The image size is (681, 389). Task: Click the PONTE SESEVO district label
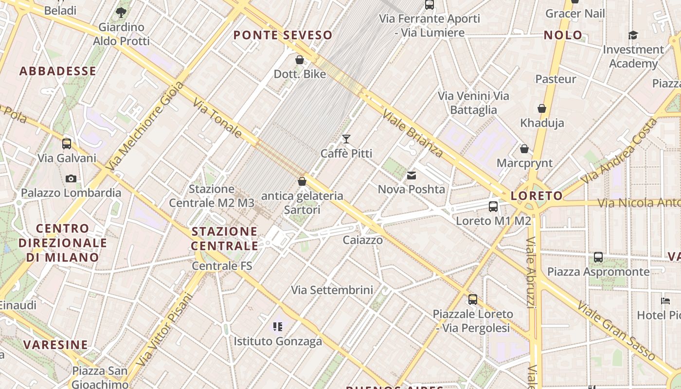click(283, 35)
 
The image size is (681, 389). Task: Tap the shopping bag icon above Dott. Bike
click(300, 60)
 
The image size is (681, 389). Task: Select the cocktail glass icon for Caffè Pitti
click(346, 139)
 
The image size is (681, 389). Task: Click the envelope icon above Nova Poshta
click(412, 175)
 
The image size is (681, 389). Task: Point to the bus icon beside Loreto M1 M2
click(493, 207)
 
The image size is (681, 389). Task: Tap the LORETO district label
click(537, 196)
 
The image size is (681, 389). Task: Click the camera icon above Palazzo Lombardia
click(71, 178)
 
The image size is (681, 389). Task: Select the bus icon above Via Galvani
click(67, 144)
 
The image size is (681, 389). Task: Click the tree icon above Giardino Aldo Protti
click(121, 13)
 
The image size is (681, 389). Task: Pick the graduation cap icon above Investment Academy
click(633, 35)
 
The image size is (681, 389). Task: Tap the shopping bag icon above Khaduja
click(542, 108)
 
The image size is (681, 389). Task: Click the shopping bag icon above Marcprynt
click(524, 149)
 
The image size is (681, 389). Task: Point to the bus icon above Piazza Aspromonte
click(598, 257)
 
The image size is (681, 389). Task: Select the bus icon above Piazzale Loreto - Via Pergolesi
click(473, 300)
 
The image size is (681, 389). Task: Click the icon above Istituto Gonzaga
click(278, 327)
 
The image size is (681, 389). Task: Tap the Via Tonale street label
click(217, 117)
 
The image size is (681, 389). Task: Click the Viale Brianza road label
click(413, 133)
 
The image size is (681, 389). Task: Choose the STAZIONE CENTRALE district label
click(224, 238)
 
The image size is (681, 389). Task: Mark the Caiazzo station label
click(362, 240)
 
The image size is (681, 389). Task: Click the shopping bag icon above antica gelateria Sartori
click(302, 181)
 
